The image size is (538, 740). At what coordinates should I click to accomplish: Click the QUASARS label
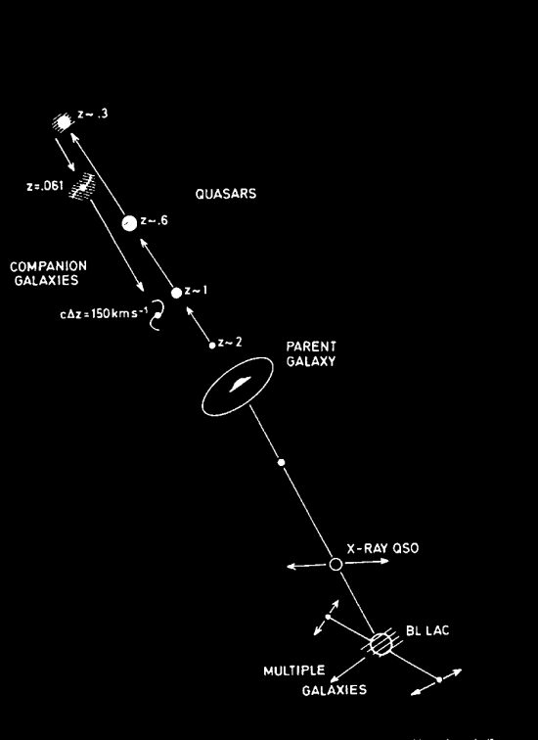(226, 194)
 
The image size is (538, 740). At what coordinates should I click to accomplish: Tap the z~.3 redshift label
(93, 115)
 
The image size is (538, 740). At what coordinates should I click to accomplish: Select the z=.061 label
(45, 186)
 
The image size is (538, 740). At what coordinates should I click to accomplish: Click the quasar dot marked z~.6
(129, 223)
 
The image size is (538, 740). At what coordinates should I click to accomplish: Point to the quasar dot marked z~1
(176, 293)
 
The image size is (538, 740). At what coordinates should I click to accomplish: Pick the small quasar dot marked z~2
(212, 346)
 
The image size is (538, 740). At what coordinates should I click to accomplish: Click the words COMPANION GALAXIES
(48, 273)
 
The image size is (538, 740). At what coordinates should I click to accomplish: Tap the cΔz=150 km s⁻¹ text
(105, 313)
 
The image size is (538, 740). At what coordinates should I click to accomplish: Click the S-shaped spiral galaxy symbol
(157, 314)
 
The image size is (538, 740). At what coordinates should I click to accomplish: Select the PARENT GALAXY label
(311, 354)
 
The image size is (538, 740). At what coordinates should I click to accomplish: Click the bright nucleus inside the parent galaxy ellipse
(240, 384)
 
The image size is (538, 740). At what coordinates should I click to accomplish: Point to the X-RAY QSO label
(382, 548)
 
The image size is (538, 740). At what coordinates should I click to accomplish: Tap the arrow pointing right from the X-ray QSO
(367, 562)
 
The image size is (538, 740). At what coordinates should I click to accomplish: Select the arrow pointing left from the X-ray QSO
(306, 566)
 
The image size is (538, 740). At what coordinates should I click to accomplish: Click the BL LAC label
(427, 631)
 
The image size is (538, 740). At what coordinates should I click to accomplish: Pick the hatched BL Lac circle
(381, 644)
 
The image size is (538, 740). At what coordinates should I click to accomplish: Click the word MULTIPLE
(294, 671)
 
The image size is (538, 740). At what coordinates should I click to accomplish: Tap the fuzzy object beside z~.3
(63, 122)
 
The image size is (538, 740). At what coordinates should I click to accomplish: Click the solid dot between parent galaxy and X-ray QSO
(281, 462)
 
